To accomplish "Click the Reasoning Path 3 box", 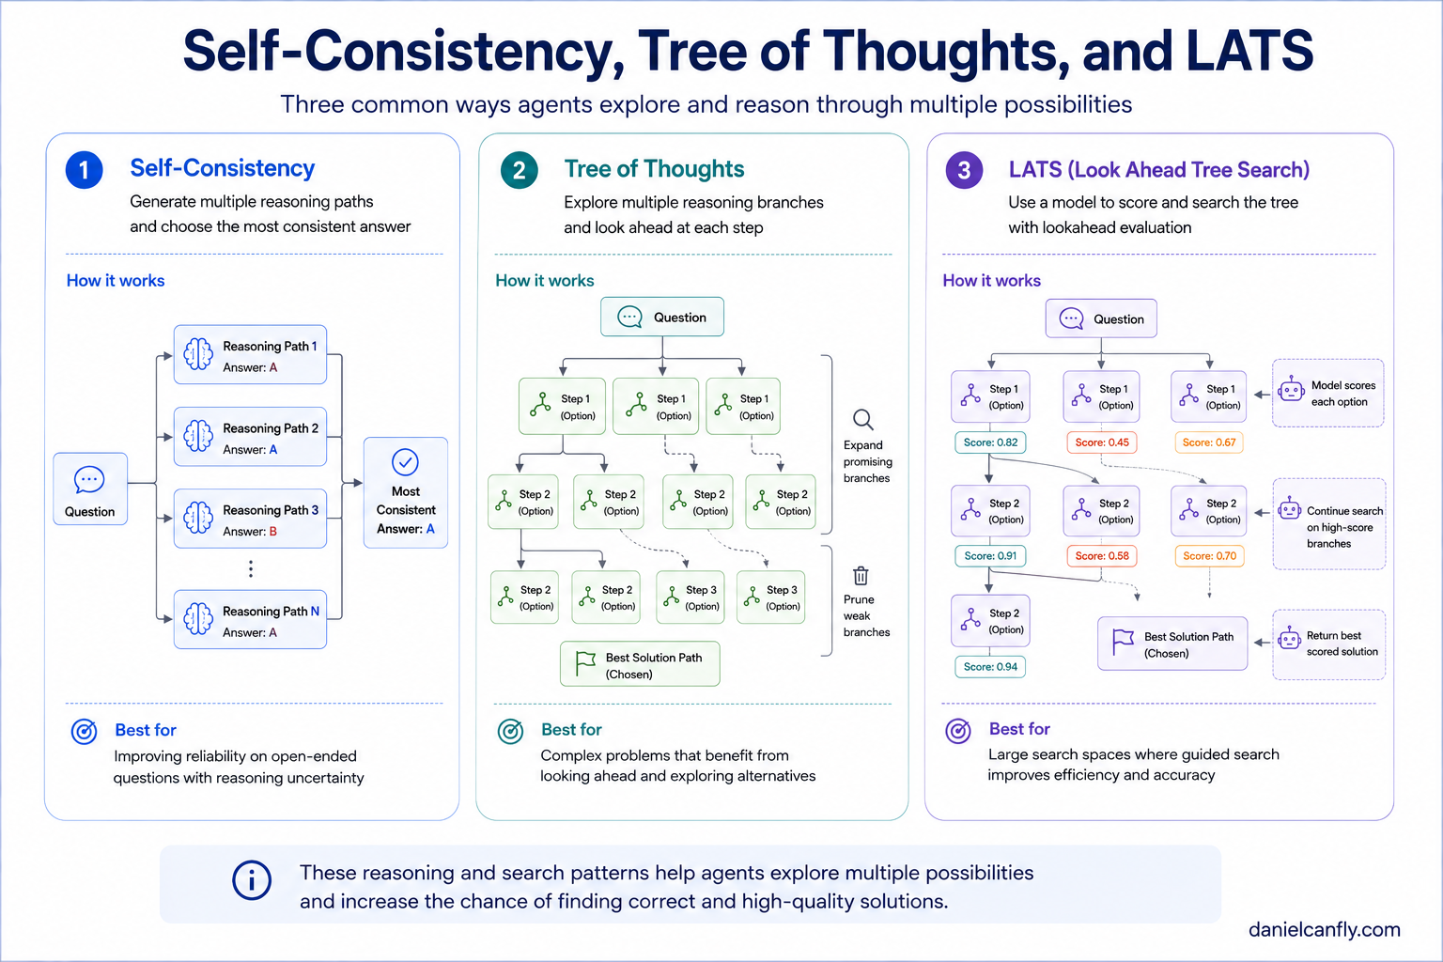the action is click(x=250, y=519).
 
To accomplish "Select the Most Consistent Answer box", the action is click(x=405, y=493).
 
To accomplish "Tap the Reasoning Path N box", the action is click(x=250, y=619).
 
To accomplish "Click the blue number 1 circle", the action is click(x=85, y=170).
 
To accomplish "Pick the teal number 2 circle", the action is click(x=520, y=170).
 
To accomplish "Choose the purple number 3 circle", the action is click(x=965, y=170).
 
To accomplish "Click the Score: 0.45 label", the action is click(x=1102, y=442).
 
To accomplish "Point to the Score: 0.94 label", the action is click(x=990, y=667).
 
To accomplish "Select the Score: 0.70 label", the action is click(x=1209, y=555).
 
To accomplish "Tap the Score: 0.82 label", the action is click(x=990, y=442).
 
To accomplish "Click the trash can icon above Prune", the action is click(x=861, y=575).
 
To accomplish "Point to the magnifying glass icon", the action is click(x=863, y=419).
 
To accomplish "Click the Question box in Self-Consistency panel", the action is click(x=90, y=489).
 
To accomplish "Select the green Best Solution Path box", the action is click(x=640, y=663).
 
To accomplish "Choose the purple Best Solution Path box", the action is click(x=1172, y=644).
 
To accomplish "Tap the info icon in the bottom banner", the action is click(x=251, y=880).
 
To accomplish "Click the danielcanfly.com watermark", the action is click(x=1325, y=929).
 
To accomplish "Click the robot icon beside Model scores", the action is click(x=1291, y=391).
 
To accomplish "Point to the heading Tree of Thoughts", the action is click(x=654, y=169).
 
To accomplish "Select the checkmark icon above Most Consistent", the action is click(x=405, y=462).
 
